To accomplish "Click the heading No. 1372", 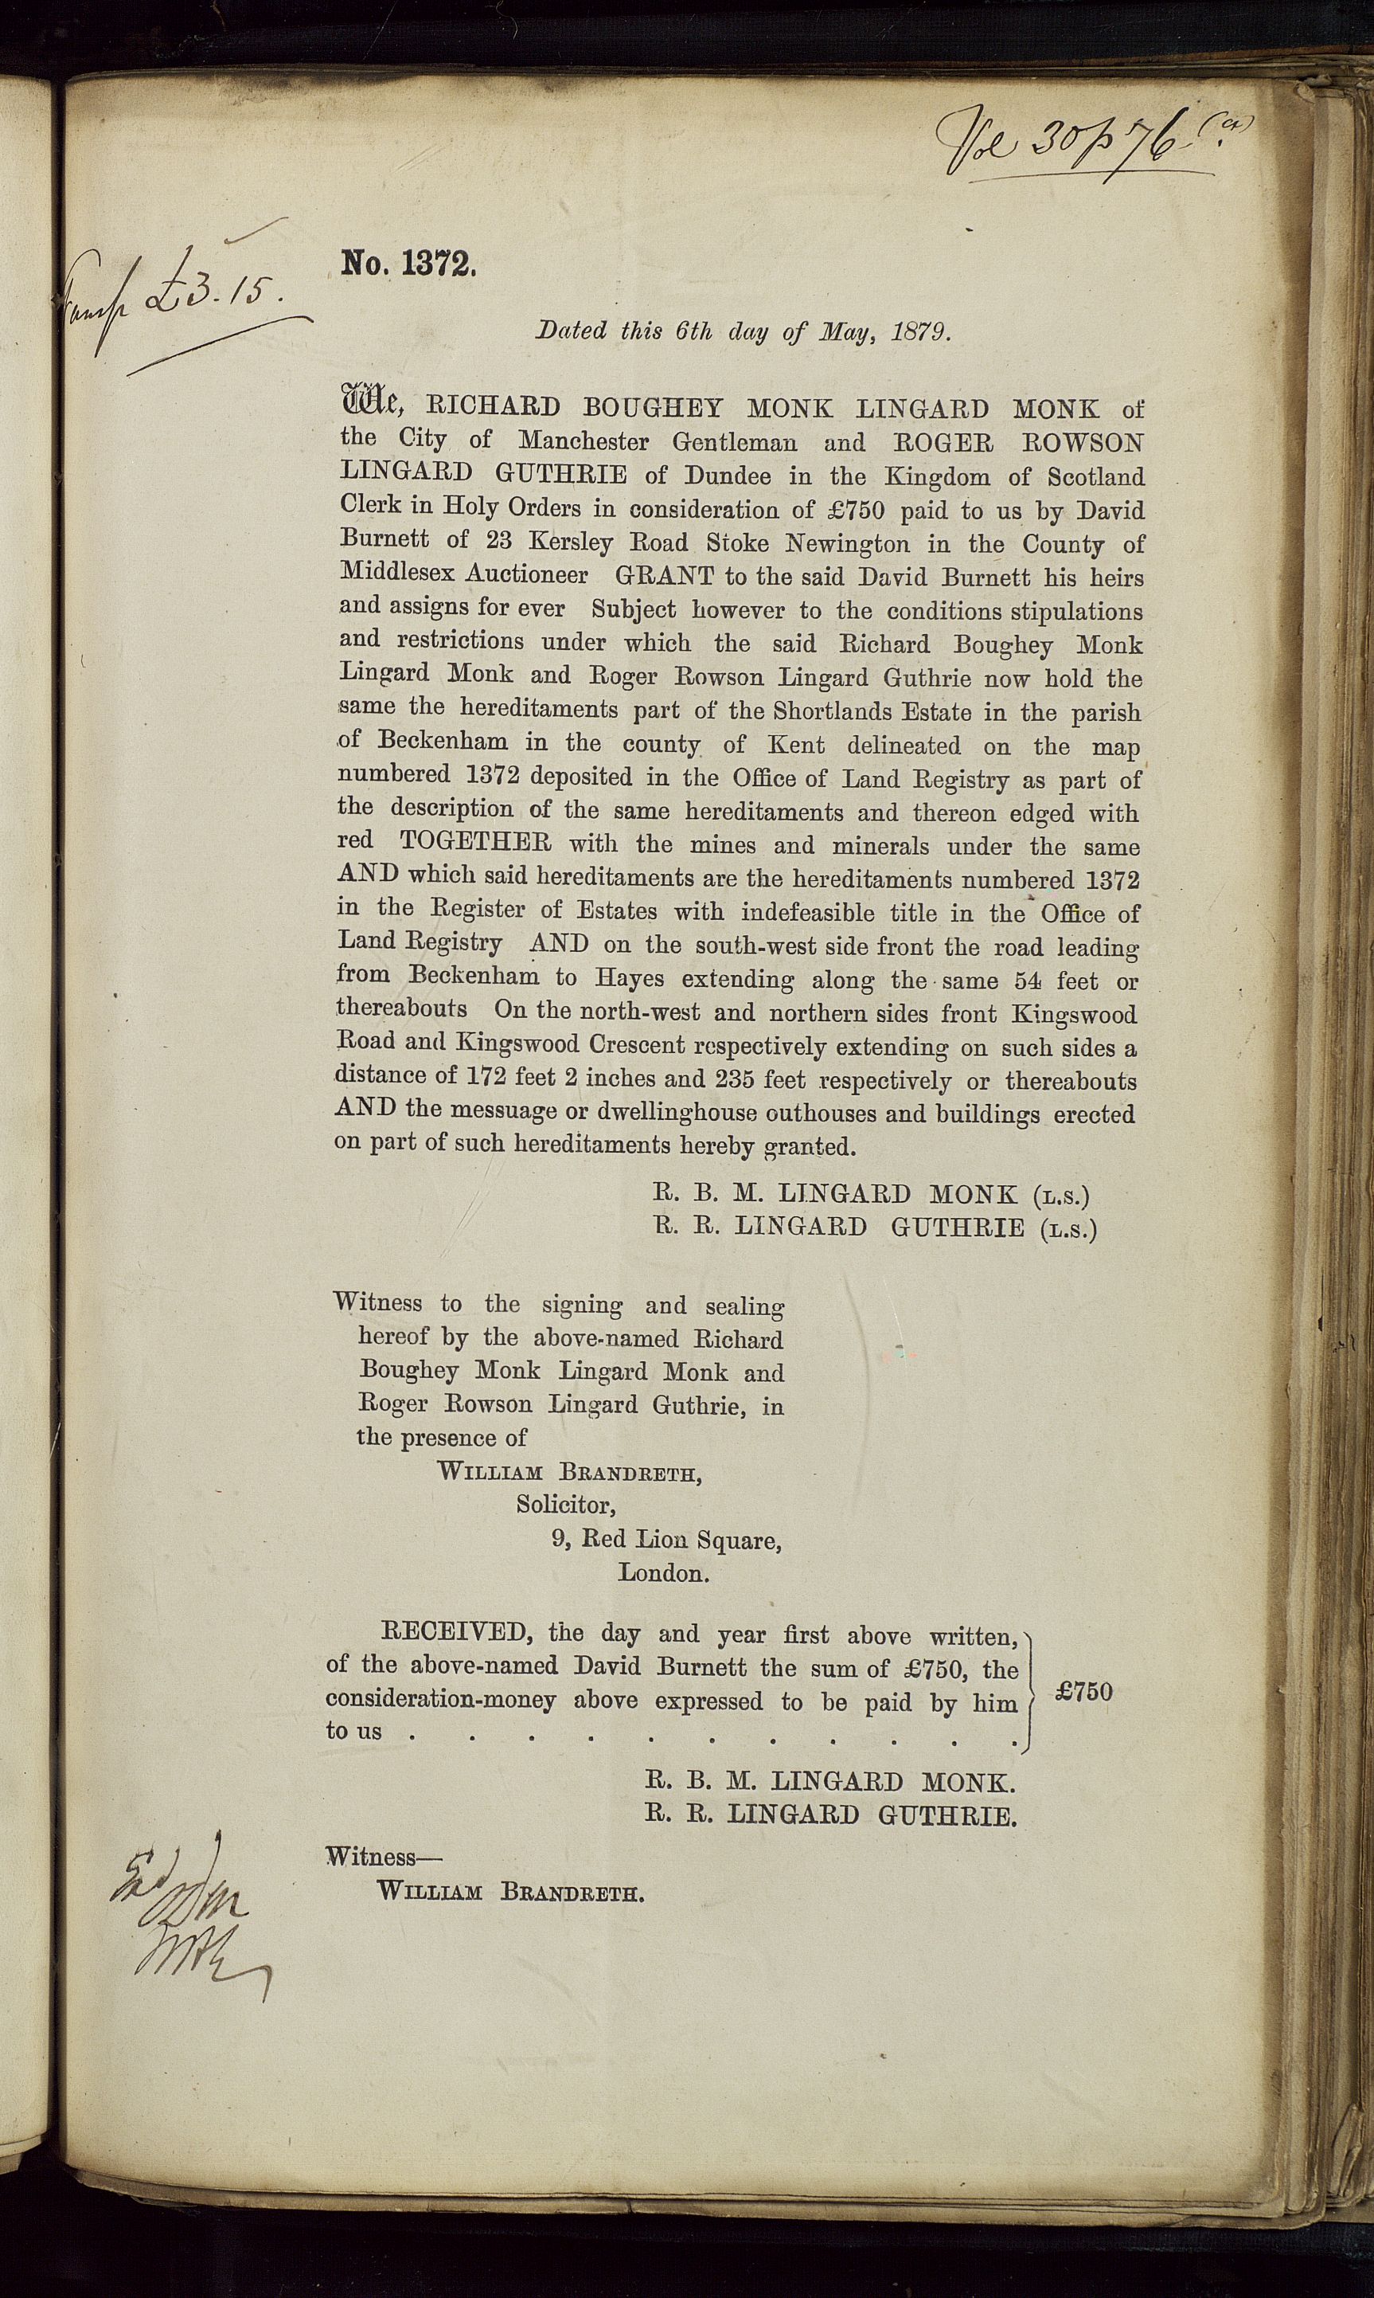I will point(408,265).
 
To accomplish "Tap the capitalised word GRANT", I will point(665,576).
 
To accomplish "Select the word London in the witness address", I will point(663,1572).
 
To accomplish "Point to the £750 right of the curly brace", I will point(1083,1691).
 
